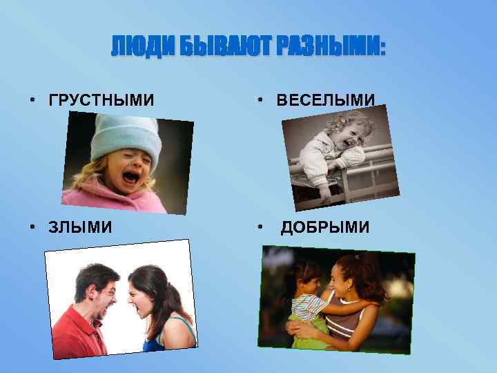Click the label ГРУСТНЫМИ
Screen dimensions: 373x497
click(101, 101)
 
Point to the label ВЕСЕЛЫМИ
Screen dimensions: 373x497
click(326, 101)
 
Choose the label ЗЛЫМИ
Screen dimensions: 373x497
click(80, 227)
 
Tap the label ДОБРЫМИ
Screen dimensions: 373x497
click(324, 227)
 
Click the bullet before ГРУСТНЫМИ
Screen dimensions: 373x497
click(32, 102)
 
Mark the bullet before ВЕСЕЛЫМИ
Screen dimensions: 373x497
click(260, 102)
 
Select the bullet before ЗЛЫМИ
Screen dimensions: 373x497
click(32, 228)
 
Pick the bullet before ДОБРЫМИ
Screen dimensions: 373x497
click(260, 228)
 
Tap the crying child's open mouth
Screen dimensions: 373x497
click(130, 178)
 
